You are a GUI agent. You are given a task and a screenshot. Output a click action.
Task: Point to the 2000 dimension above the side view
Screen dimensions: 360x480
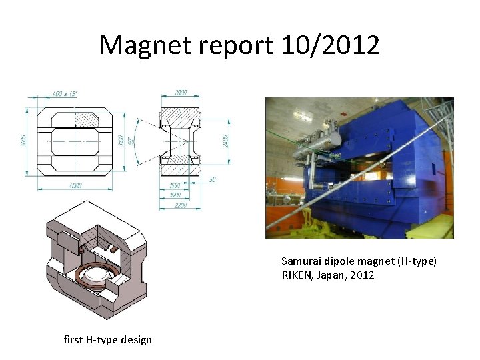180,93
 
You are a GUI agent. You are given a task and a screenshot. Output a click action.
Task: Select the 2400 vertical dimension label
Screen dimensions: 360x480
226,139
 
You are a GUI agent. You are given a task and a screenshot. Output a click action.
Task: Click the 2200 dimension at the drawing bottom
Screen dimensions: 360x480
180,205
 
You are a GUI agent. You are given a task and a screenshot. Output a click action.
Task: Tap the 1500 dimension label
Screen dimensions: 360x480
176,195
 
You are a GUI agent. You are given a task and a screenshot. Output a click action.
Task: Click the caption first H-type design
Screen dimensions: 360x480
107,340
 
